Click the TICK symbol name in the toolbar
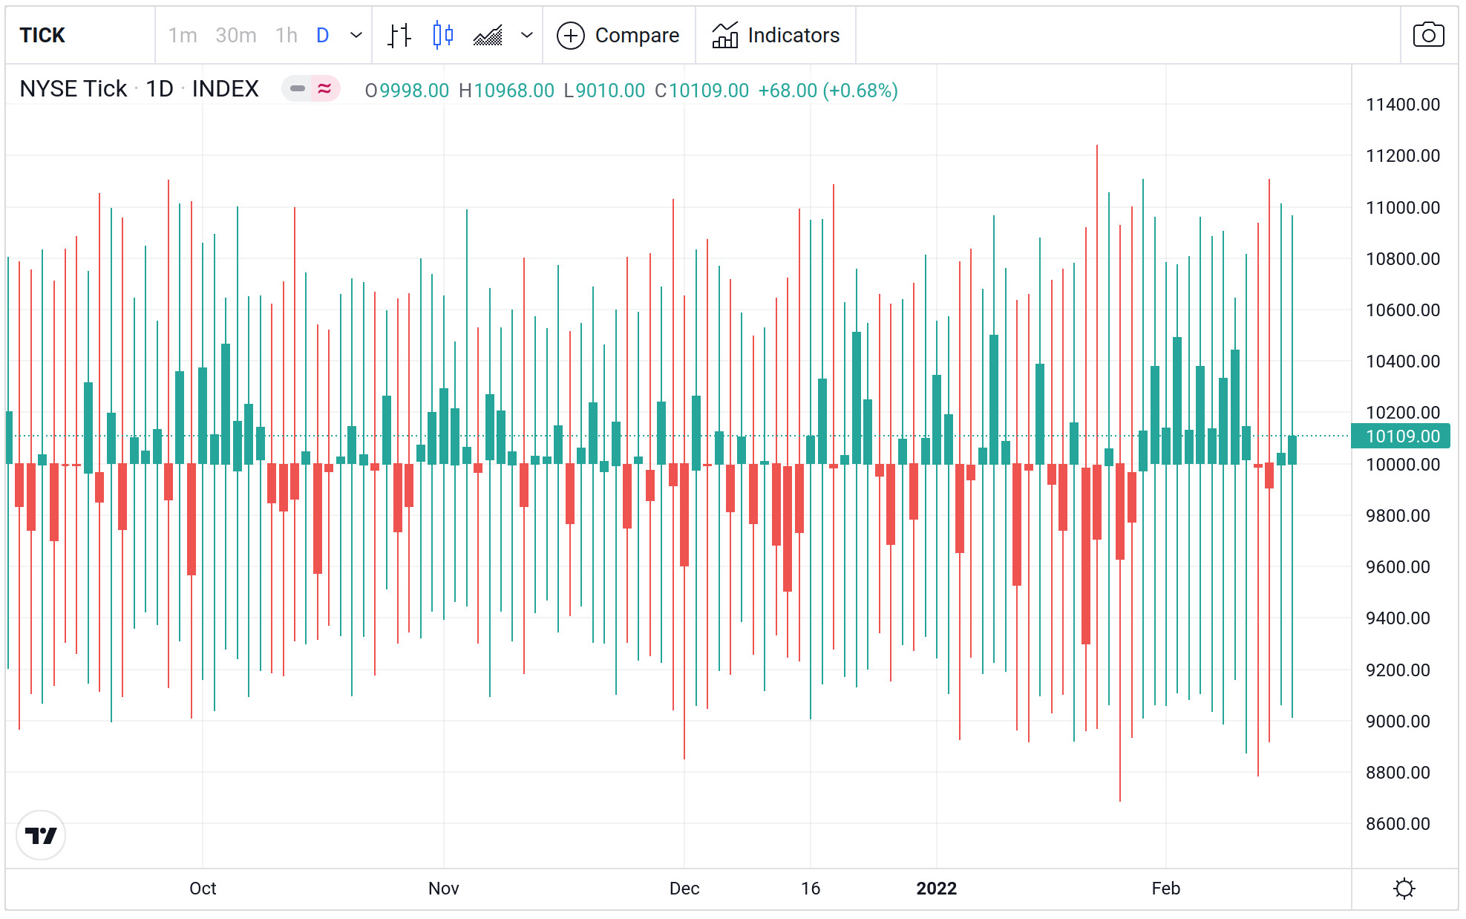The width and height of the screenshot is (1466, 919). click(42, 35)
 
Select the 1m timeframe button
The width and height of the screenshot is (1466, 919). click(183, 35)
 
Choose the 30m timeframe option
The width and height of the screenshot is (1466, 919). click(235, 35)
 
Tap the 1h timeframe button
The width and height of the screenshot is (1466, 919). click(286, 35)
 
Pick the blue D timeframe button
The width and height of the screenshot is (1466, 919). click(322, 35)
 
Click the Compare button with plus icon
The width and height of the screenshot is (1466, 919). click(618, 35)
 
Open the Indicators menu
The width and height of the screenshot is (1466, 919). click(776, 35)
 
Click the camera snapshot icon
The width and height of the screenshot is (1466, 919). click(1427, 35)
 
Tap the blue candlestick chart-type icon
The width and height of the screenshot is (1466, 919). click(442, 35)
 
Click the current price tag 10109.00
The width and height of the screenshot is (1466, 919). click(1401, 436)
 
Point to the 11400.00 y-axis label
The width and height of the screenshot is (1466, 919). click(1402, 105)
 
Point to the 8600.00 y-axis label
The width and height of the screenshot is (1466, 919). click(1397, 824)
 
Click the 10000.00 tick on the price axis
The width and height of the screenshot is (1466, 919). click(1402, 465)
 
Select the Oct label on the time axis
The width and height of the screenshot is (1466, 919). click(203, 889)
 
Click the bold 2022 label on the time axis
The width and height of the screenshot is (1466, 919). click(936, 889)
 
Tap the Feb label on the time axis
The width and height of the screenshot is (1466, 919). click(1165, 889)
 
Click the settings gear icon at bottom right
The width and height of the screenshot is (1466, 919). click(1404, 889)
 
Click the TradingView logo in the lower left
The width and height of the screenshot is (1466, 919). click(41, 836)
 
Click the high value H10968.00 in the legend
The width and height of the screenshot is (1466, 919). click(506, 91)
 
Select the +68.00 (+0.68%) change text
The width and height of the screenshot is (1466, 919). click(828, 91)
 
